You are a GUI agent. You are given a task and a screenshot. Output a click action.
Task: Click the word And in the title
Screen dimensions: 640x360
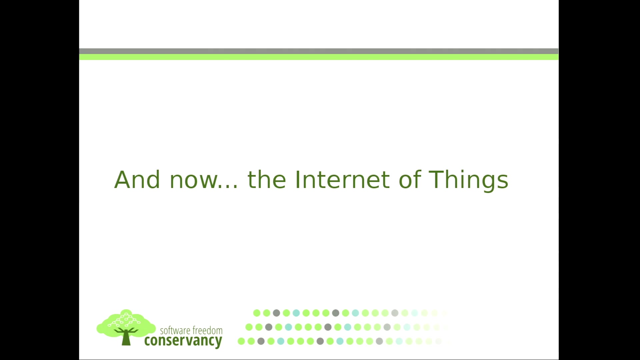(137, 180)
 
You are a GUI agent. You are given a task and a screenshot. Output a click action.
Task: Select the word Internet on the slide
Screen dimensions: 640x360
(342, 180)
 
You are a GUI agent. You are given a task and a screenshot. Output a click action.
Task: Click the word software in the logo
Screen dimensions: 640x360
(175, 330)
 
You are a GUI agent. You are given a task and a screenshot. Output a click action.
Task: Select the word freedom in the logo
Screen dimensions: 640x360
(207, 330)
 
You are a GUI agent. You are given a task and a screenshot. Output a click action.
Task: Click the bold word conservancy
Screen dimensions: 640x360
(183, 341)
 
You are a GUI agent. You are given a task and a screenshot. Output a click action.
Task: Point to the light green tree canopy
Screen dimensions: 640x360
(126, 321)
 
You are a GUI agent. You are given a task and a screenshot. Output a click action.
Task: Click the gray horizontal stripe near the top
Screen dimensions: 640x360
(319, 51)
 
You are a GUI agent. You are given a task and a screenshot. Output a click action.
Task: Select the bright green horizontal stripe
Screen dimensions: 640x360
(319, 57)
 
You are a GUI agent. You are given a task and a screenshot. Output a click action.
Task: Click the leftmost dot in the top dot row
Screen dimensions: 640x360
(257, 313)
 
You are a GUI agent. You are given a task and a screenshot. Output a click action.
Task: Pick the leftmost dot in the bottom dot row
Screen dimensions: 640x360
(241, 341)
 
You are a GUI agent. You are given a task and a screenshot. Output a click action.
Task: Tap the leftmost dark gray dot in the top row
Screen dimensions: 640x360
(276, 313)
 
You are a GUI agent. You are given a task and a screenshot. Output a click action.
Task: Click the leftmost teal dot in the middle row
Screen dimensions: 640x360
(288, 327)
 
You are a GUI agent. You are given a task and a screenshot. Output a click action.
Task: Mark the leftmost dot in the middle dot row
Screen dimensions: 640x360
(249, 327)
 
